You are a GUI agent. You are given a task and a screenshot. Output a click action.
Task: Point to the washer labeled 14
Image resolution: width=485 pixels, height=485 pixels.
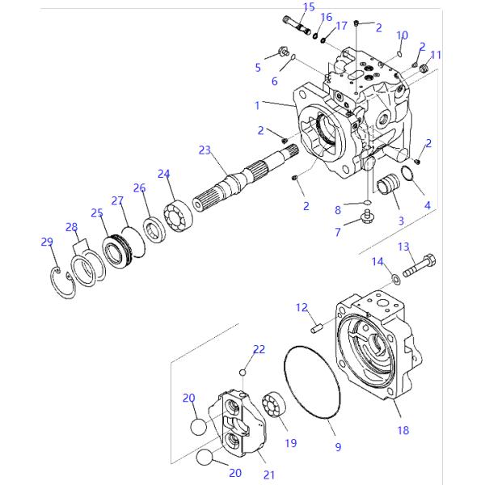tap(395, 279)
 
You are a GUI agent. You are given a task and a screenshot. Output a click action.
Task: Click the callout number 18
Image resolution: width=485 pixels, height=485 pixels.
tap(403, 431)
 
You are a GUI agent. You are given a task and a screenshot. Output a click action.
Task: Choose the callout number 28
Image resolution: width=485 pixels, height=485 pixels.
tap(72, 227)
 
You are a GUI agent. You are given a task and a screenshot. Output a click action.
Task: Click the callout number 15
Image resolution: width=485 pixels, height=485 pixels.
tap(310, 7)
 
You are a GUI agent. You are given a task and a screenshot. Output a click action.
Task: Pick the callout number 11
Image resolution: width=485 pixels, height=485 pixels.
tap(436, 55)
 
